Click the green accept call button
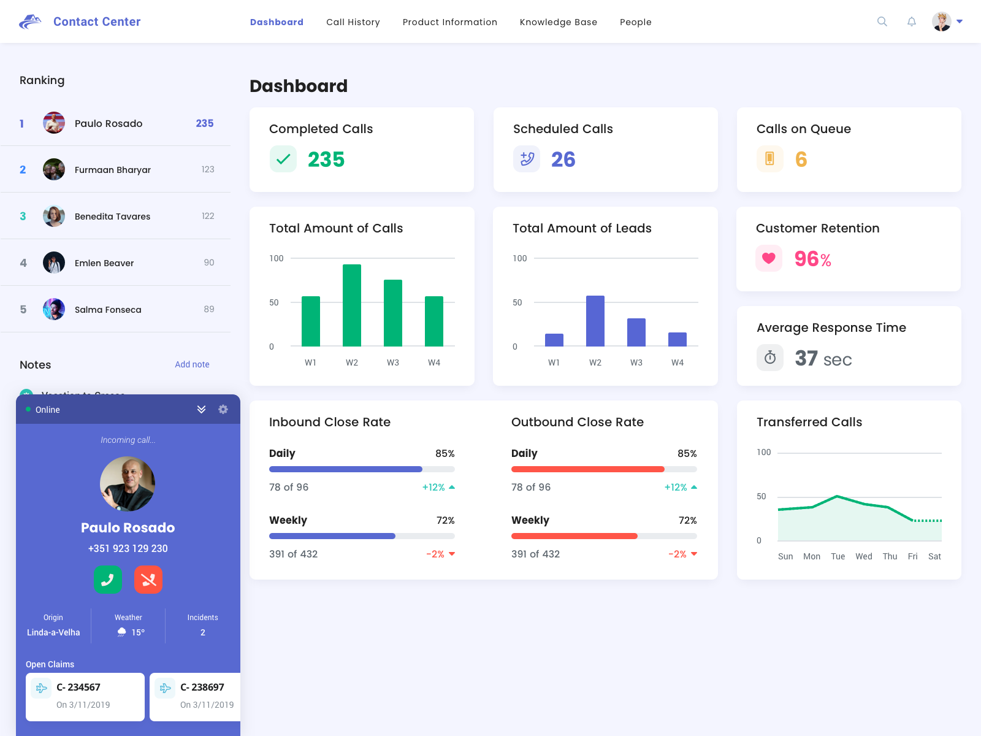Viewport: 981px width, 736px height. tap(108, 580)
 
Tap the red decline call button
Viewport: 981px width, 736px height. tap(148, 580)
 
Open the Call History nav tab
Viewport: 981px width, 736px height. tap(353, 22)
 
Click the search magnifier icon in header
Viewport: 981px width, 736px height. tap(882, 21)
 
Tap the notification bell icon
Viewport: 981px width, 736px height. tap(912, 21)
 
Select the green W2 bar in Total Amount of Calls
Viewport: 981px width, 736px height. tap(352, 305)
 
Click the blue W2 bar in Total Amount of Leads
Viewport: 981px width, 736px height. tap(595, 321)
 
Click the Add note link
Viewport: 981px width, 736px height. tap(192, 364)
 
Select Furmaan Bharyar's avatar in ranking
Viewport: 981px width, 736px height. tap(54, 169)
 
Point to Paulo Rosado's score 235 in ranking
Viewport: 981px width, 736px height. tap(204, 123)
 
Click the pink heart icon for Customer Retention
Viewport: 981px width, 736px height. tap(769, 258)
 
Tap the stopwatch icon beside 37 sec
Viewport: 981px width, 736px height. tap(770, 358)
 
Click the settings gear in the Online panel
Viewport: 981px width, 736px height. tap(223, 409)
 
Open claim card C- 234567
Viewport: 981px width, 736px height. tap(85, 697)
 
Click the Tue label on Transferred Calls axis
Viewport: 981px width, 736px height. tap(838, 556)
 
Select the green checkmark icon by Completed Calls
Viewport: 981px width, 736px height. tap(283, 159)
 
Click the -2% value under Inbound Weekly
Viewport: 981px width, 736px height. tap(435, 554)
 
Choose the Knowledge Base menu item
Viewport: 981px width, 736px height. tap(558, 22)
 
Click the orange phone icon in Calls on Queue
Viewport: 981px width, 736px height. tap(769, 159)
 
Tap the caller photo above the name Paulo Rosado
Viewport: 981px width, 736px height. tap(128, 484)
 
